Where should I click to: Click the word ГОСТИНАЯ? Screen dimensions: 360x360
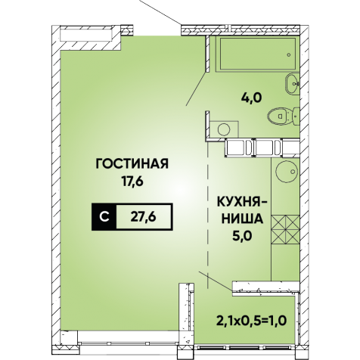132,164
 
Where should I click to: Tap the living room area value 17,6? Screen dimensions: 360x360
132,181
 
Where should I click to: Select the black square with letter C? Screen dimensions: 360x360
104,217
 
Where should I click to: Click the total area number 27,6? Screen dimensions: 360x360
144,216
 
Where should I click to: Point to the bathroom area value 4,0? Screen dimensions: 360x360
250,97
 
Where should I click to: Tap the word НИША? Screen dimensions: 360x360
242,219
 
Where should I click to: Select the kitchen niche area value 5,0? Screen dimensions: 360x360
243,236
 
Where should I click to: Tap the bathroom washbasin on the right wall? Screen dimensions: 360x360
293,83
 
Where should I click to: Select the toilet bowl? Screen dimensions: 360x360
283,116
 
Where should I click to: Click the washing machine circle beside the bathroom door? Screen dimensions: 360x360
224,129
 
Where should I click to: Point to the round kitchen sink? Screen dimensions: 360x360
287,171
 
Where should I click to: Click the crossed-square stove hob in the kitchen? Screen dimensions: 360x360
285,229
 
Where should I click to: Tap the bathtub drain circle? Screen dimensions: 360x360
289,54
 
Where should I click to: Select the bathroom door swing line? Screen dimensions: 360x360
197,88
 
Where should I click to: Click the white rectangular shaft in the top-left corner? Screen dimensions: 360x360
86,35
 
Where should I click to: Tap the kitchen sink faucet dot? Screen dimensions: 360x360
293,172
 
